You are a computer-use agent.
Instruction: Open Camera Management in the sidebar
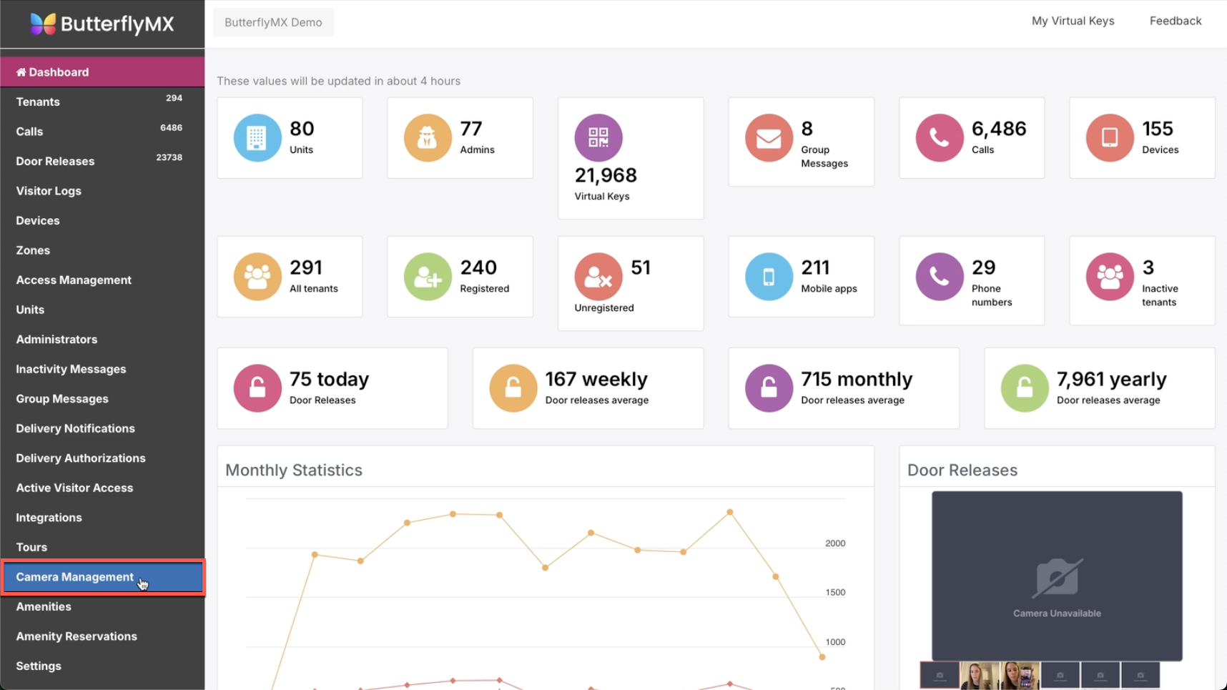pyautogui.click(x=74, y=577)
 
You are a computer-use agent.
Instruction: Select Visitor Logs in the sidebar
pyautogui.click(x=49, y=191)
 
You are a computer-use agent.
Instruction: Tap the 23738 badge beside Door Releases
pyautogui.click(x=169, y=157)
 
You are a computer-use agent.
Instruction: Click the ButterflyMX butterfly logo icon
pyautogui.click(x=43, y=24)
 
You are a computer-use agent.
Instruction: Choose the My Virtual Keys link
pyautogui.click(x=1073, y=21)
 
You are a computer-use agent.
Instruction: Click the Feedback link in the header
pyautogui.click(x=1175, y=21)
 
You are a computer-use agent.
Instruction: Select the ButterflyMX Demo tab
pyautogui.click(x=273, y=22)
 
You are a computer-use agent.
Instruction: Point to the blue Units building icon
pyautogui.click(x=257, y=137)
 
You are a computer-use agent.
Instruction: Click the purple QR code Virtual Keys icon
pyautogui.click(x=598, y=137)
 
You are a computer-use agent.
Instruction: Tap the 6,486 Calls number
pyautogui.click(x=998, y=129)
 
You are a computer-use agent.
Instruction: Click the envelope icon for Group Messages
pyautogui.click(x=769, y=137)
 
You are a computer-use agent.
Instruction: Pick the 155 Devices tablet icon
pyautogui.click(x=1109, y=137)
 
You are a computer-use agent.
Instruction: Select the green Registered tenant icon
pyautogui.click(x=428, y=276)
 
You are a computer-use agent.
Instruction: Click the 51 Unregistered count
pyautogui.click(x=641, y=267)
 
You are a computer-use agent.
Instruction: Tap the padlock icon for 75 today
pyautogui.click(x=257, y=388)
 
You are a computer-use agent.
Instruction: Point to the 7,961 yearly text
pyautogui.click(x=1111, y=379)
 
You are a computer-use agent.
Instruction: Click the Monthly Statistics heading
pyautogui.click(x=294, y=470)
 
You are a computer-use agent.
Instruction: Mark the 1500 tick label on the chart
pyautogui.click(x=834, y=593)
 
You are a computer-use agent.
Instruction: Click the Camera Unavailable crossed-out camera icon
pyautogui.click(x=1057, y=578)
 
